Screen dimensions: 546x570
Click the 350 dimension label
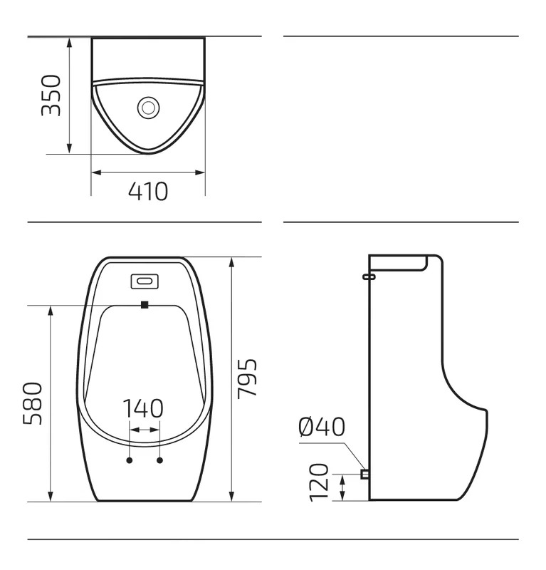pyautogui.click(x=51, y=95)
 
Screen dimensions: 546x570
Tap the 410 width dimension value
pyautogui.click(x=148, y=191)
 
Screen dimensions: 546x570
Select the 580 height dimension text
pyautogui.click(x=33, y=403)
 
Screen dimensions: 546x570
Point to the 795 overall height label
pyautogui.click(x=247, y=378)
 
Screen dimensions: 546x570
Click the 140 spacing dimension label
pyautogui.click(x=143, y=408)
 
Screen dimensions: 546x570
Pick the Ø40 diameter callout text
pyautogui.click(x=322, y=426)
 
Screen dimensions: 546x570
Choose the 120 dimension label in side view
pyautogui.click(x=319, y=482)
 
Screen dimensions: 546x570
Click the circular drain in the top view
pyautogui.click(x=148, y=108)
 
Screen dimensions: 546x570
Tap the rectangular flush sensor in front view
pyautogui.click(x=145, y=281)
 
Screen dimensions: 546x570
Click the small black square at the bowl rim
pyautogui.click(x=145, y=305)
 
